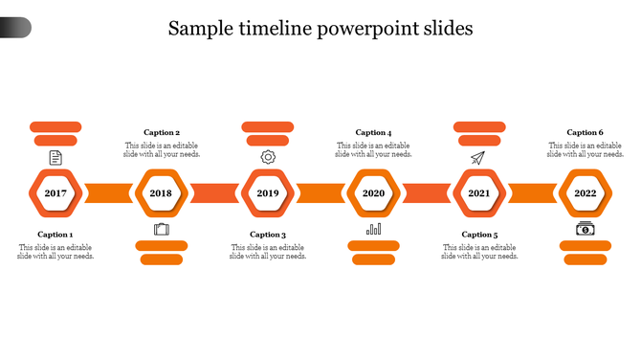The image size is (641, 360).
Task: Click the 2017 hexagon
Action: tap(55, 192)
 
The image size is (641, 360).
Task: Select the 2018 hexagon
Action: tap(161, 192)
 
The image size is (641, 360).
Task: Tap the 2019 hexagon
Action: tap(267, 192)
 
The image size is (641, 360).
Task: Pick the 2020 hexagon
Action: tap(373, 192)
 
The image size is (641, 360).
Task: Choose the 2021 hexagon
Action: tap(478, 192)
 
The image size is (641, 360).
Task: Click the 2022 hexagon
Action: tap(585, 192)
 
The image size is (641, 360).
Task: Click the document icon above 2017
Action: tap(55, 157)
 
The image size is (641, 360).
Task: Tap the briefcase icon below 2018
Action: tap(161, 229)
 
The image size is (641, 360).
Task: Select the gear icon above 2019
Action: tap(268, 157)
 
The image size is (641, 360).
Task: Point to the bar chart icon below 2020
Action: tap(373, 229)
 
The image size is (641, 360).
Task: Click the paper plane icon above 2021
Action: tap(478, 157)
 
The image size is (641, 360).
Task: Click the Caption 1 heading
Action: tap(55, 235)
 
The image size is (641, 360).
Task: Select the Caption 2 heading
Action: tap(162, 133)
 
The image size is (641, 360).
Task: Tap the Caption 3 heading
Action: tap(268, 235)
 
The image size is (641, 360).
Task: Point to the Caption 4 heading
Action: tap(373, 133)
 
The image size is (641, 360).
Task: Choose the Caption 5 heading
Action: tap(479, 235)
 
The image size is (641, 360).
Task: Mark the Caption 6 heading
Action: tap(585, 133)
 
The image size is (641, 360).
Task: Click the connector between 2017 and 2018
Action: tap(108, 192)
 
